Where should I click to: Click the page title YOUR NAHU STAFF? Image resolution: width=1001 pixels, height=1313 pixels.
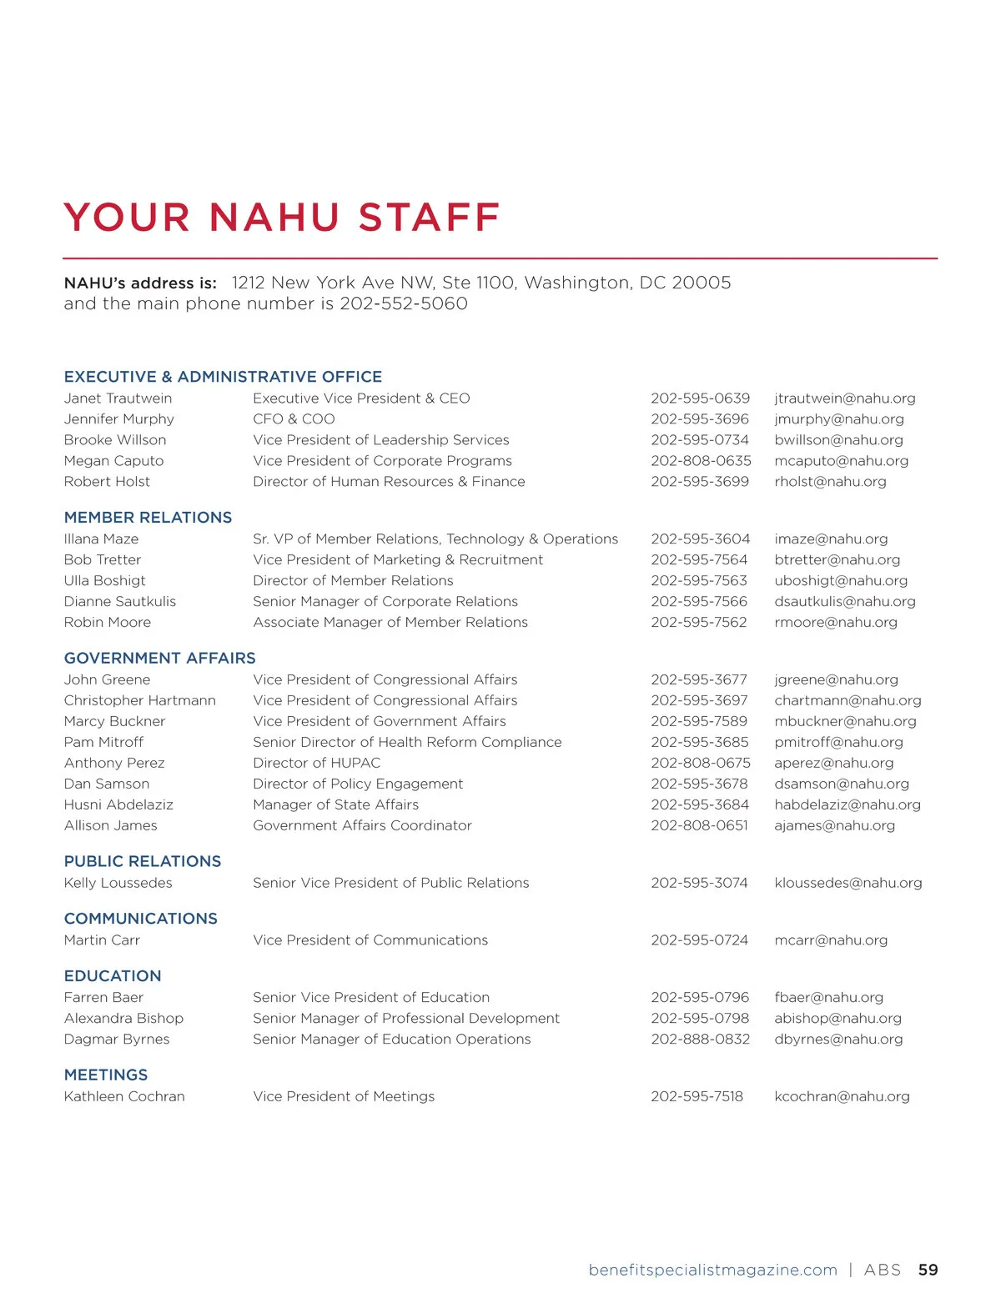click(281, 218)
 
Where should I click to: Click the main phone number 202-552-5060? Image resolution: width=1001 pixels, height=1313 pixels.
click(404, 303)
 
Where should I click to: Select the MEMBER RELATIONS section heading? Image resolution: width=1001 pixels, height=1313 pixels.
click(148, 517)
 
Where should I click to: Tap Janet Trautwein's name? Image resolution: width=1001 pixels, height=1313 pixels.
click(118, 398)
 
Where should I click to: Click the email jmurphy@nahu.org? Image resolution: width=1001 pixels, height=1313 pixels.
click(838, 419)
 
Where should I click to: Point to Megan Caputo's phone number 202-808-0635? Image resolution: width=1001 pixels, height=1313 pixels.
click(701, 461)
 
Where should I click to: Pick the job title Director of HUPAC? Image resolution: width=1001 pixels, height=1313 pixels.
click(316, 763)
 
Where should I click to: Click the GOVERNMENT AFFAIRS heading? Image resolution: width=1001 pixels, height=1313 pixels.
click(159, 658)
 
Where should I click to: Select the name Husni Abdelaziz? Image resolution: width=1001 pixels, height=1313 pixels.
click(118, 804)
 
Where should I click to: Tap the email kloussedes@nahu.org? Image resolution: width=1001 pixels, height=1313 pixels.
click(848, 883)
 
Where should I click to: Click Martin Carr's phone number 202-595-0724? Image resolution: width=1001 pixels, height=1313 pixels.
click(699, 940)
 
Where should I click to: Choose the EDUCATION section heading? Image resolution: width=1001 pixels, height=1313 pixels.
click(113, 975)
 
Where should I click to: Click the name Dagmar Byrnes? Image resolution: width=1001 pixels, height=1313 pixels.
click(117, 1040)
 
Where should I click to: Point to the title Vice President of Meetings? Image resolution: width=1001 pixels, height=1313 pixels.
click(344, 1096)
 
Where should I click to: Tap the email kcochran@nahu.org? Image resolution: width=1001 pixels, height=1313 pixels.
click(842, 1096)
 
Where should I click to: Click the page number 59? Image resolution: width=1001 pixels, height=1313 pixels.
click(928, 1270)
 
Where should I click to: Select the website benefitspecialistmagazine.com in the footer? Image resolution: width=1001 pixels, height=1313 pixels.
click(712, 1270)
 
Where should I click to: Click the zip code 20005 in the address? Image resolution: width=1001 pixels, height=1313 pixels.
click(701, 283)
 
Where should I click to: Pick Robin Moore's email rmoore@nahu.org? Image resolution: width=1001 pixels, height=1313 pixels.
click(835, 623)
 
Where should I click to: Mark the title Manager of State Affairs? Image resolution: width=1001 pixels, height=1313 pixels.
click(335, 804)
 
